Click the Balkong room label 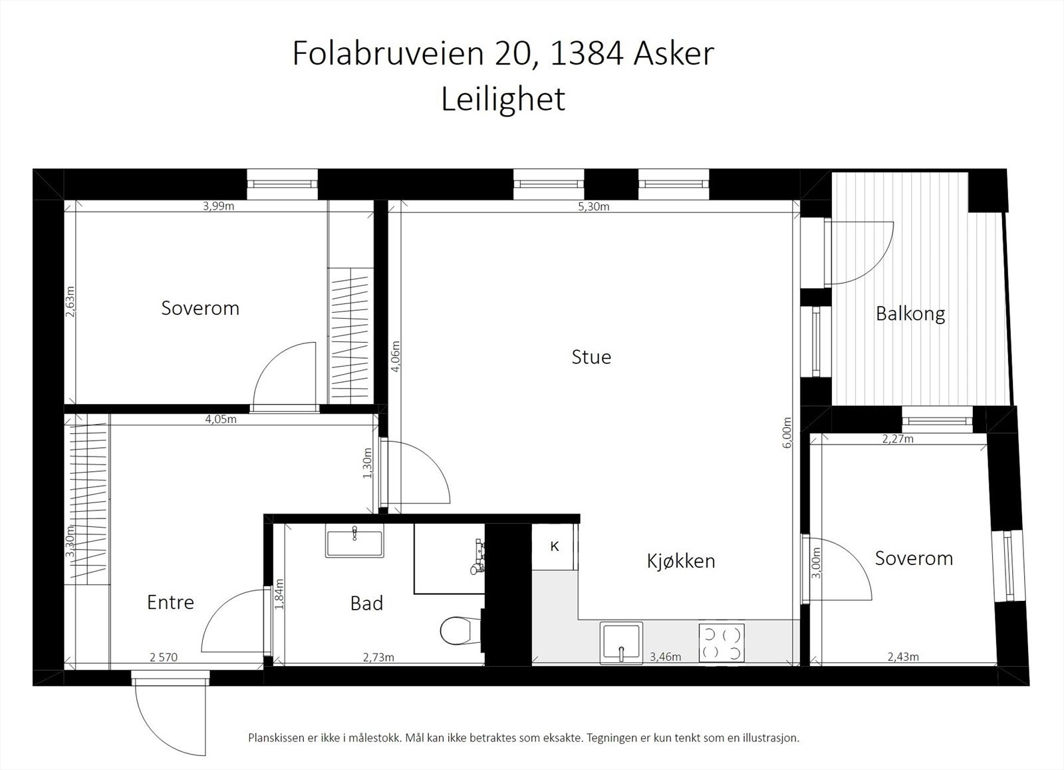pyautogui.click(x=910, y=313)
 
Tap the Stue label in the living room pyautogui.click(x=591, y=357)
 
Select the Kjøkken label pyautogui.click(x=681, y=561)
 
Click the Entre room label pyautogui.click(x=170, y=602)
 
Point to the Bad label pyautogui.click(x=366, y=604)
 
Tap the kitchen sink pyautogui.click(x=621, y=642)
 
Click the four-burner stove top pyautogui.click(x=722, y=643)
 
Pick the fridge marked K pyautogui.click(x=554, y=546)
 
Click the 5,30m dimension pyautogui.click(x=594, y=206)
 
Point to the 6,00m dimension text pyautogui.click(x=787, y=433)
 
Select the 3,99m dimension pyautogui.click(x=219, y=206)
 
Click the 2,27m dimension pyautogui.click(x=897, y=439)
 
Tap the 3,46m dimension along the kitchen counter pyautogui.click(x=665, y=657)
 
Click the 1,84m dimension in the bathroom pyautogui.click(x=279, y=595)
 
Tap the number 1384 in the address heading pyautogui.click(x=587, y=53)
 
